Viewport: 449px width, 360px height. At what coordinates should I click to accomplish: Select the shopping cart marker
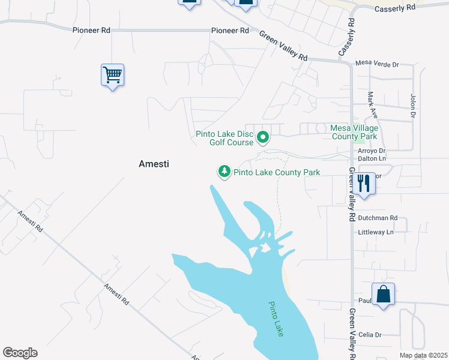(112, 76)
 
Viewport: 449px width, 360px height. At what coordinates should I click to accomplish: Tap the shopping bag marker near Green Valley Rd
(383, 295)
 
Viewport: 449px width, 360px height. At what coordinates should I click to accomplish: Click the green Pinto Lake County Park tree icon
(224, 172)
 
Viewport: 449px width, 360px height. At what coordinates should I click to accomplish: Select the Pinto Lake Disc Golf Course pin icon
(262, 138)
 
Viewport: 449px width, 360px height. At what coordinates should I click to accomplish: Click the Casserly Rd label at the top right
(394, 8)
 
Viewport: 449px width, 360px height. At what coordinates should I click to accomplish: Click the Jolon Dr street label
(413, 105)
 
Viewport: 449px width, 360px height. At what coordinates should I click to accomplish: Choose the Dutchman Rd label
(377, 218)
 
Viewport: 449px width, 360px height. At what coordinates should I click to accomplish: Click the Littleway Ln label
(375, 232)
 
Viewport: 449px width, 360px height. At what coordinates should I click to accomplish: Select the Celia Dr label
(370, 335)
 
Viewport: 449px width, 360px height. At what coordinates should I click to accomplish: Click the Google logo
(20, 353)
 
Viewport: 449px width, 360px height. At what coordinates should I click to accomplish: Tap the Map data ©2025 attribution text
(423, 355)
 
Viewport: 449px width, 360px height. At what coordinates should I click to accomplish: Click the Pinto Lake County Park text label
(277, 172)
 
